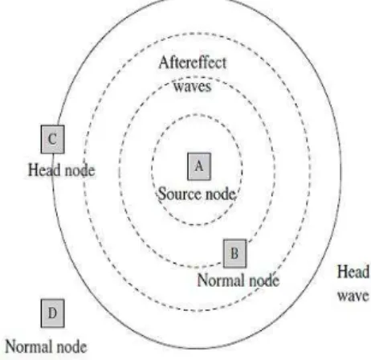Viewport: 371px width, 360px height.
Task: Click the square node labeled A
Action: (199, 166)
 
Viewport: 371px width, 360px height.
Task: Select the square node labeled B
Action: (234, 253)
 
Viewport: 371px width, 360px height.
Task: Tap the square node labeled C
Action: (52, 139)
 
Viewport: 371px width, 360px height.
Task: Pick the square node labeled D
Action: (52, 313)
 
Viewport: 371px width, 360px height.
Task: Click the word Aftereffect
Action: (193, 63)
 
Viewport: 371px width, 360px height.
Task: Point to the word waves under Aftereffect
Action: (193, 87)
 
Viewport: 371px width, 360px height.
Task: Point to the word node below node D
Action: (71, 346)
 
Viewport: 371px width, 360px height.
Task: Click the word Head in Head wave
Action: (353, 272)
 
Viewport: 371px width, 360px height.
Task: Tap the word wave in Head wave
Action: (353, 296)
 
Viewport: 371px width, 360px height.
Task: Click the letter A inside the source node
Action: (199, 166)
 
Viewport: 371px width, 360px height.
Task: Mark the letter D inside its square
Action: (52, 313)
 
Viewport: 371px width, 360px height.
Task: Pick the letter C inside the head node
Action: (52, 139)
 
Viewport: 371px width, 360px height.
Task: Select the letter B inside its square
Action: (234, 253)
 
